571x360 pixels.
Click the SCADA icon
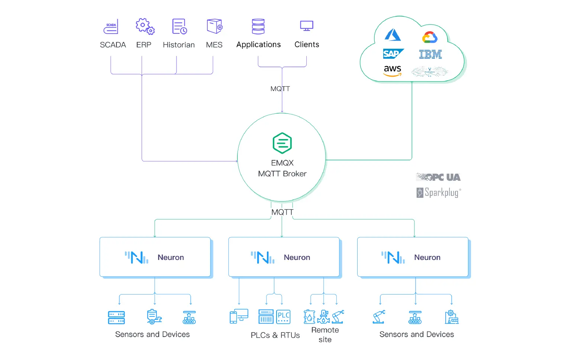[x=111, y=27]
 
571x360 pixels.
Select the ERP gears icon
[x=145, y=26]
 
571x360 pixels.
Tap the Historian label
[x=178, y=45]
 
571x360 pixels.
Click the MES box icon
[x=214, y=26]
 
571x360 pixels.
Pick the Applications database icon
[x=258, y=26]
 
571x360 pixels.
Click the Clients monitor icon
[x=307, y=26]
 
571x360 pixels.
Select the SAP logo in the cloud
[x=393, y=54]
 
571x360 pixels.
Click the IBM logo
[x=430, y=54]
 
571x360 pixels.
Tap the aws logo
[x=393, y=70]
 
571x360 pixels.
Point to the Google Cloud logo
[x=430, y=37]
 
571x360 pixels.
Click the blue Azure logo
[x=393, y=35]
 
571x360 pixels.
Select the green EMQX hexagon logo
[x=282, y=143]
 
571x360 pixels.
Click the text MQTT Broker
[x=282, y=174]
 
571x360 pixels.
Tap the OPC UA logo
[x=438, y=177]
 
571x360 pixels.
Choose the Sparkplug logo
[x=439, y=193]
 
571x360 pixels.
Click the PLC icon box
[x=284, y=317]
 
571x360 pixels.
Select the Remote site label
[x=325, y=335]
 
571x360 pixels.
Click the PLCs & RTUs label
[x=275, y=335]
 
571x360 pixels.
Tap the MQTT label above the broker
[x=280, y=89]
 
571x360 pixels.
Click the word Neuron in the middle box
[x=297, y=257]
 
